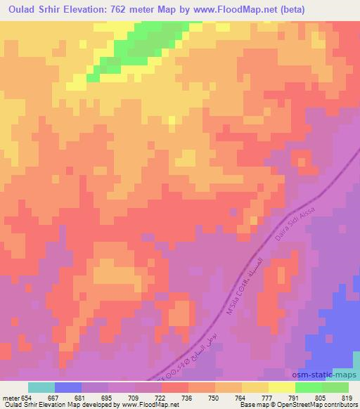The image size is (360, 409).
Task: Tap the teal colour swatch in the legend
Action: (41, 387)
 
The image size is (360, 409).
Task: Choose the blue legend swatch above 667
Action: (68, 387)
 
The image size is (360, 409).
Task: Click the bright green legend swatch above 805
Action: (308, 387)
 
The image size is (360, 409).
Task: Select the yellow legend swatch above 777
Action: (255, 387)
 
